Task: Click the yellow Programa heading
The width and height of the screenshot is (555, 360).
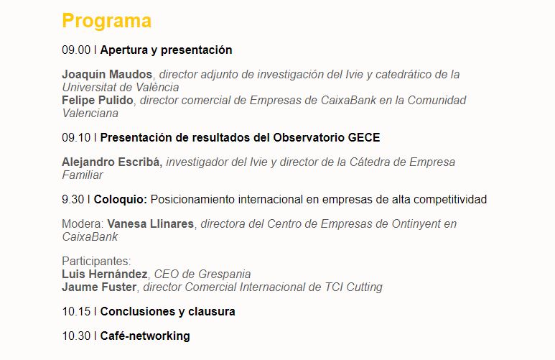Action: pyautogui.click(x=106, y=21)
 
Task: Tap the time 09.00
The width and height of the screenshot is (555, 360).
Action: pyautogui.click(x=76, y=50)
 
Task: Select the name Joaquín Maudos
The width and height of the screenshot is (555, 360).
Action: pyautogui.click(x=107, y=75)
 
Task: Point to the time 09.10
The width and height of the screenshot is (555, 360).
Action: pyautogui.click(x=76, y=137)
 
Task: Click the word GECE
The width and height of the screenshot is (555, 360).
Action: pyautogui.click(x=365, y=137)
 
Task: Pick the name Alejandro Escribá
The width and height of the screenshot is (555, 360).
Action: pyautogui.click(x=113, y=162)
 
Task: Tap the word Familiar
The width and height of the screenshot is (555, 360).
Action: pyautogui.click(x=82, y=175)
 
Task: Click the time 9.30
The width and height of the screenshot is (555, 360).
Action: pyautogui.click(x=74, y=199)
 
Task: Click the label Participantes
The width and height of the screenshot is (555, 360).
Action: pyautogui.click(x=96, y=262)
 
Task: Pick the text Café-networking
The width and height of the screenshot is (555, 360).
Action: pyautogui.click(x=145, y=336)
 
